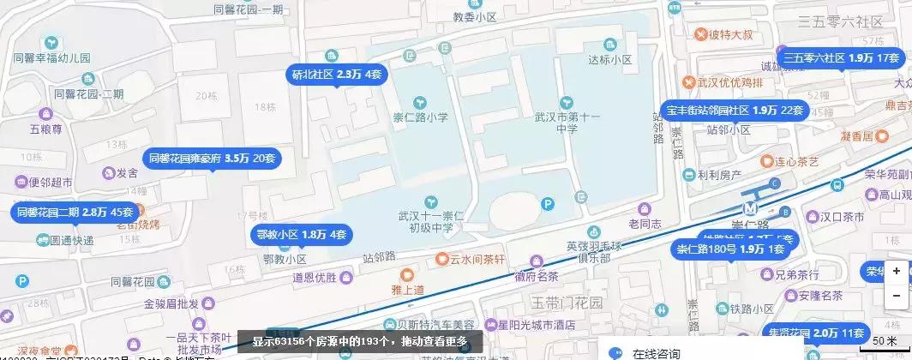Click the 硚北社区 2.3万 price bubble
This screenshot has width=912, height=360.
[x=337, y=75]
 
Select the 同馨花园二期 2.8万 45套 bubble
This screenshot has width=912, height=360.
[x=75, y=212]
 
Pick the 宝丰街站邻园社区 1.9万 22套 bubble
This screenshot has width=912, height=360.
[x=735, y=111]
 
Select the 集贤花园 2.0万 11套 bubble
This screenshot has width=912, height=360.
[x=814, y=333]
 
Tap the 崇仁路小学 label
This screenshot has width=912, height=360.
[x=420, y=119]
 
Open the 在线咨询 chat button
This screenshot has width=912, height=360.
[x=656, y=352]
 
